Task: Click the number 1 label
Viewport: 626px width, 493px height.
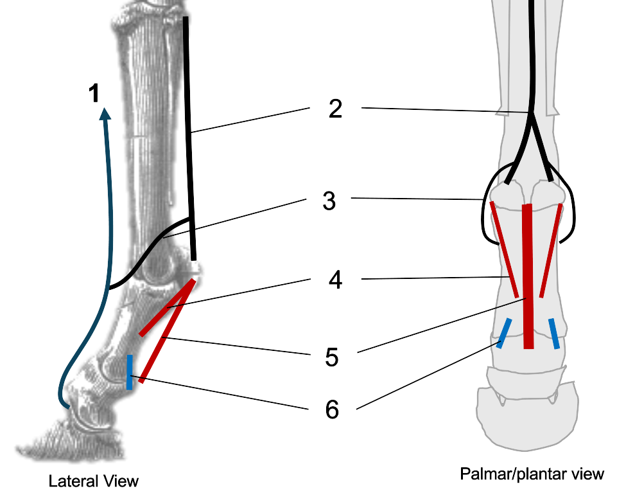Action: [x=94, y=94]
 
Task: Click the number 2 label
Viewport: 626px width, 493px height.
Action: [x=335, y=109]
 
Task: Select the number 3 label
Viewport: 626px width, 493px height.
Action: [x=329, y=201]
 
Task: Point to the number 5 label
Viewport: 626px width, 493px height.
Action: [x=331, y=357]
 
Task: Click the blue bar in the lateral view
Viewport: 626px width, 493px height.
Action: [x=130, y=372]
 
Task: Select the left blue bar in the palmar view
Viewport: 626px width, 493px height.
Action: [x=504, y=332]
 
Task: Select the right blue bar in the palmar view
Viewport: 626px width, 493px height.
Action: [x=553, y=333]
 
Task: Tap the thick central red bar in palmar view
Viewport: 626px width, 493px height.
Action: [x=528, y=276]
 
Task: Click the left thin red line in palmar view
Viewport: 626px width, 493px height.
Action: [x=505, y=247]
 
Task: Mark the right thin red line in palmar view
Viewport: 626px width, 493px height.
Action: [x=552, y=251]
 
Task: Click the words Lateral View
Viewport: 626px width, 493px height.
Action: [x=94, y=481]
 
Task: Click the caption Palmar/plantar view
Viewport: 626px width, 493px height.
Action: [x=532, y=474]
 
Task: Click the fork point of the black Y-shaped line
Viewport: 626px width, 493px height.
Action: [x=531, y=114]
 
